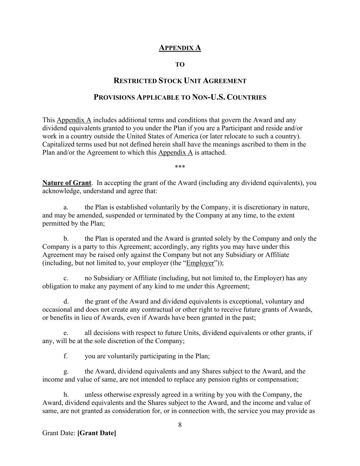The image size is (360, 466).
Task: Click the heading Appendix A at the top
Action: point(180,48)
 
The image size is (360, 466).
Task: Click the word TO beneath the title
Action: point(180,65)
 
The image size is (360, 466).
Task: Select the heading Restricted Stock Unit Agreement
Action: point(180,81)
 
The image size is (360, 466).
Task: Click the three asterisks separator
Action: point(180,167)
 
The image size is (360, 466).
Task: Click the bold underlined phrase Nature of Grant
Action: point(67,183)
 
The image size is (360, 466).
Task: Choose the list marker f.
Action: point(66,356)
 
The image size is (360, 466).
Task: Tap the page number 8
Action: point(180,425)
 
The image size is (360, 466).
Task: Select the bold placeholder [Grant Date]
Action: point(97,433)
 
